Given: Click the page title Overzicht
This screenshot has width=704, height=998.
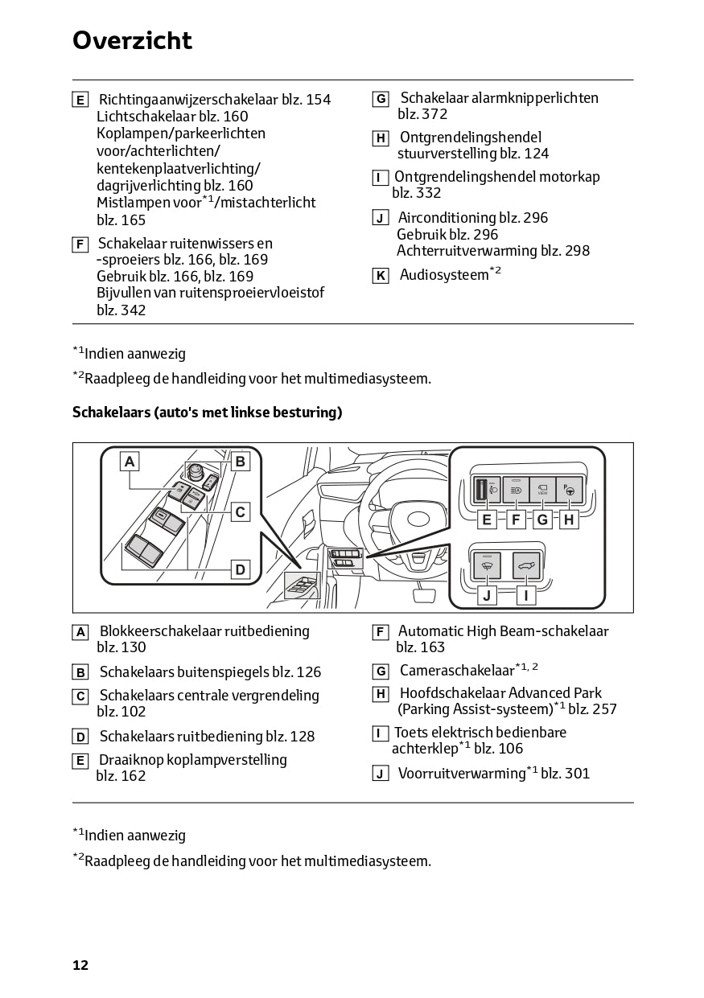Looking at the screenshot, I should pos(132,40).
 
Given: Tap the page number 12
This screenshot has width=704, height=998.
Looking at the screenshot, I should pos(80,965).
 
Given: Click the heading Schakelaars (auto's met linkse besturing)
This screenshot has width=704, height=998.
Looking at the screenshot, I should pos(207,413).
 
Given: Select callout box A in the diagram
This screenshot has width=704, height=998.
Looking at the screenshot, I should pos(130,461).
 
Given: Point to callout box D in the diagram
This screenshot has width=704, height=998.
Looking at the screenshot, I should pos(240,569).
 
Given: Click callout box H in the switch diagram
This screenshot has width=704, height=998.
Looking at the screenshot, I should pos(569,520).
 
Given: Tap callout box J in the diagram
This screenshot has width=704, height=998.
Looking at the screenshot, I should pos(486,595).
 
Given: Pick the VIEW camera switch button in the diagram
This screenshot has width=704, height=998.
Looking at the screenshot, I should pos(542,489).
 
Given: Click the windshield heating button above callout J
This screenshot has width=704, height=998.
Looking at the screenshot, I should pos(486,565).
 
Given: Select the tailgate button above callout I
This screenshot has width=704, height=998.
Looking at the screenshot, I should pos(525,565).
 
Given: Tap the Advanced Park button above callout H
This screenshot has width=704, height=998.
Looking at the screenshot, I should pos(570,489).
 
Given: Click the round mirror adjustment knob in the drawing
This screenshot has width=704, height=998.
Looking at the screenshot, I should pos(195,471).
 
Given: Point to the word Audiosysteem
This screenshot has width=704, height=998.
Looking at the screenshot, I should pos(444,276).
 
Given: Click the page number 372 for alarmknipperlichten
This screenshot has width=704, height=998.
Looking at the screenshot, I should pos(434,114).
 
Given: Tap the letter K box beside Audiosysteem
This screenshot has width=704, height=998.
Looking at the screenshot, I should pos(381,276).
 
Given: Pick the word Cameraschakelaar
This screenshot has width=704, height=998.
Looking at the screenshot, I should pos(456,671).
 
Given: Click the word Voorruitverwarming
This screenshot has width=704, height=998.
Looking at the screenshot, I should pos(462,774).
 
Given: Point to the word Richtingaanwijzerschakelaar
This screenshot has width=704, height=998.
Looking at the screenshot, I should pos(188,100).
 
